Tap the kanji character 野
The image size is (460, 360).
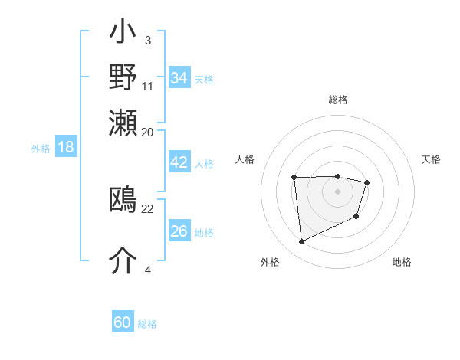click(123, 77)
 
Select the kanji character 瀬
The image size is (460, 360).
click(123, 120)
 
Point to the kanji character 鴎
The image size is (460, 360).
click(123, 200)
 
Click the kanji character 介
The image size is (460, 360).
click(123, 260)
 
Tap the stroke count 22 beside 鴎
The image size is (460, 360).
click(148, 208)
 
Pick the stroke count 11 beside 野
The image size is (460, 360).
click(148, 86)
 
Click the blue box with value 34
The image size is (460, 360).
click(179, 78)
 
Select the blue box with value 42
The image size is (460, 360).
click(179, 162)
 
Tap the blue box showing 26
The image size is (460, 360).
click(179, 231)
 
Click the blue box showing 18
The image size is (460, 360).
click(65, 147)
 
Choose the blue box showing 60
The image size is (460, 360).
click(123, 322)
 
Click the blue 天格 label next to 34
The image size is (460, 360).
click(204, 80)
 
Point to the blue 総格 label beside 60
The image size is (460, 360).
click(147, 324)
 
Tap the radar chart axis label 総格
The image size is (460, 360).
click(337, 100)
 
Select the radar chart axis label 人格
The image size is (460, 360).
click(245, 159)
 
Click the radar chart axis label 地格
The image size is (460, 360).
click(402, 262)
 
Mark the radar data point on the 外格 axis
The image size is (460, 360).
click(301, 241)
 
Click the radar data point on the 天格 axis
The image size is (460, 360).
click(367, 182)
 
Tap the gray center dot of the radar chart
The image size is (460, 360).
click(337, 191)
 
